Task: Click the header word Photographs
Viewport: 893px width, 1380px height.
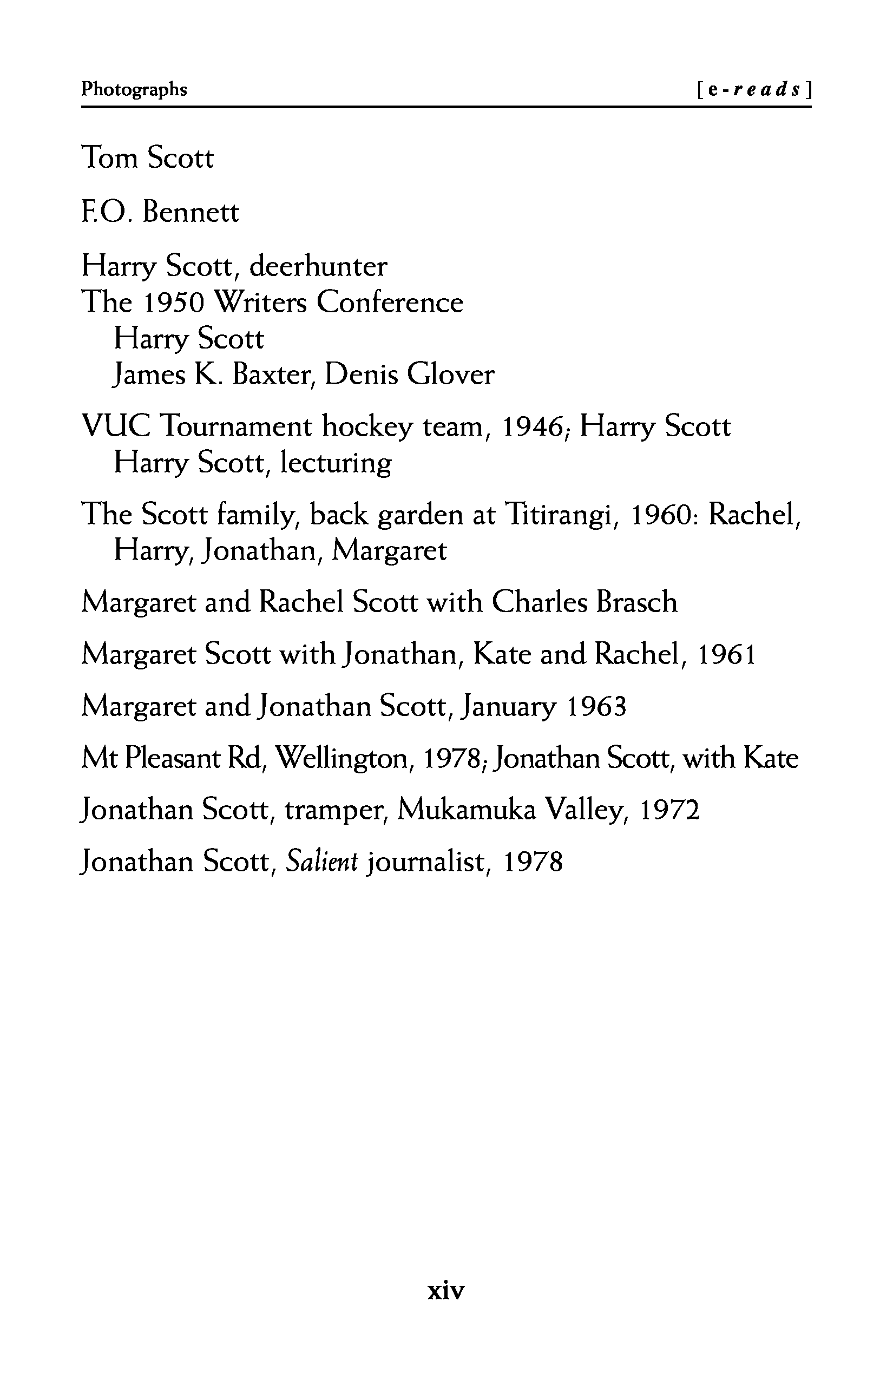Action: (x=134, y=89)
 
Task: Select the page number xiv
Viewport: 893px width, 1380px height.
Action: (x=446, y=1291)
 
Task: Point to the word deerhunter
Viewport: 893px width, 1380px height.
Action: (x=318, y=267)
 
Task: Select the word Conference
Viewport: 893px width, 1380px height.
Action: (x=390, y=303)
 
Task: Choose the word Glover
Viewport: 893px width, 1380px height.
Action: (x=450, y=375)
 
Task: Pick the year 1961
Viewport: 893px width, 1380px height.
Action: (x=726, y=655)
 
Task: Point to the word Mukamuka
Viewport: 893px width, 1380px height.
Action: (x=467, y=810)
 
